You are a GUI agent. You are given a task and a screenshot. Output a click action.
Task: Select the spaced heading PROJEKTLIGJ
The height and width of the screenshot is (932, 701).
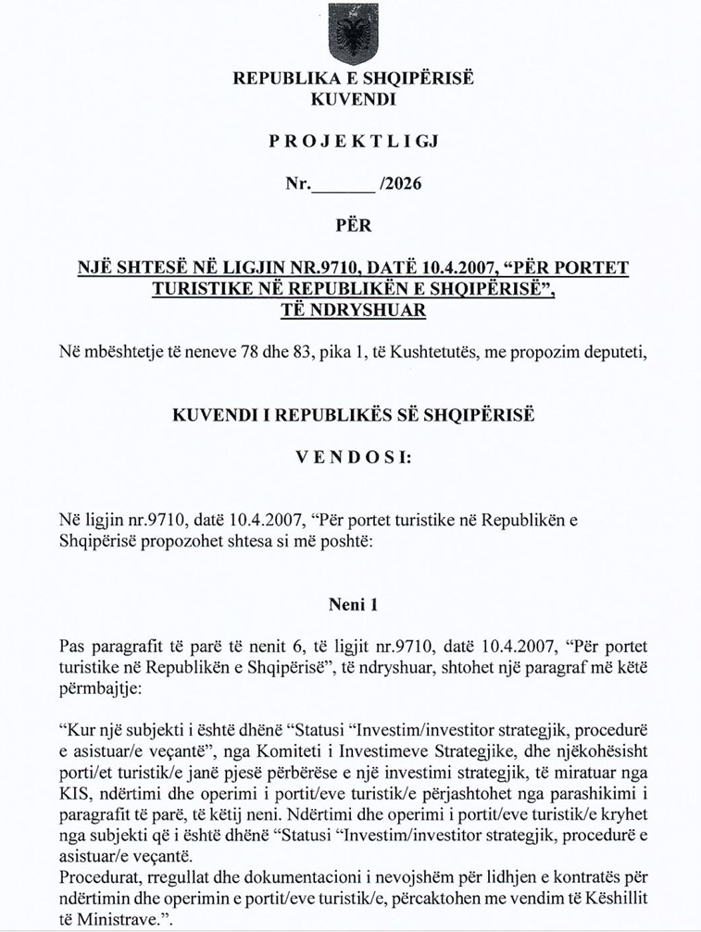[353, 141]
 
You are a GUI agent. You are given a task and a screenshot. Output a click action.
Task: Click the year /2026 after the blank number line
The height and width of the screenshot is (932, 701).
[399, 183]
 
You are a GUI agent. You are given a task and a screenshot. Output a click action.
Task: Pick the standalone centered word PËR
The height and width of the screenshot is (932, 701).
[352, 225]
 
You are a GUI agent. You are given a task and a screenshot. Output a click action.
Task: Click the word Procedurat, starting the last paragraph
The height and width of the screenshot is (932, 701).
[95, 877]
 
